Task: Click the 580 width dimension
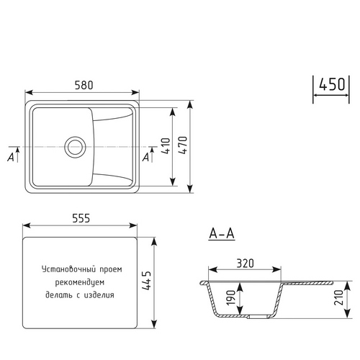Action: point(84,85)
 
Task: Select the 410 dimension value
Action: point(166,145)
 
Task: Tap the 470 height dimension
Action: point(183,145)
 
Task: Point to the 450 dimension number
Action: point(332,84)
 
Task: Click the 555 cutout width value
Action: point(81,218)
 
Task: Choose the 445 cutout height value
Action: point(146,281)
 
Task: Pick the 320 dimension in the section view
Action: point(245,264)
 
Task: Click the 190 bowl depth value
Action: point(231,297)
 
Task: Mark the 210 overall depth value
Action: point(338,297)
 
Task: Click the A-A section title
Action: point(222,233)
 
